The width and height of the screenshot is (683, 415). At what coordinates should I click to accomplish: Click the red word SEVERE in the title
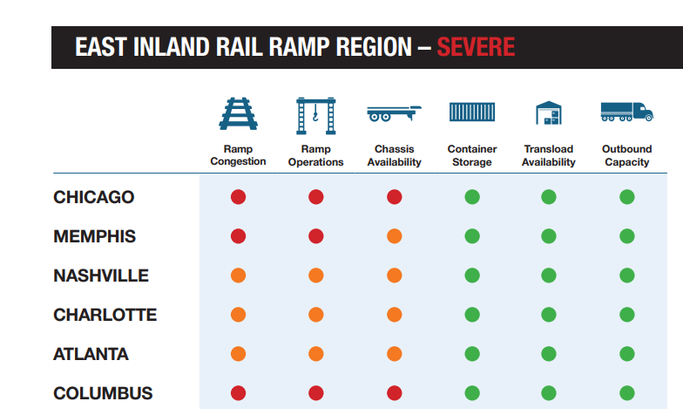(476, 47)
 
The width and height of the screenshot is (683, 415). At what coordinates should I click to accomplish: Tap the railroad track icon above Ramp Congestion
(239, 113)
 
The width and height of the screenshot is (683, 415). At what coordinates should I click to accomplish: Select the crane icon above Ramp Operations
(315, 115)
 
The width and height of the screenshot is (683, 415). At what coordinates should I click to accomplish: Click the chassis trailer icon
(394, 113)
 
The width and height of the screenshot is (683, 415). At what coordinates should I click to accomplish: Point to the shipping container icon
(472, 112)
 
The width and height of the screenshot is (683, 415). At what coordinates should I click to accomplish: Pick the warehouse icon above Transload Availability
(549, 113)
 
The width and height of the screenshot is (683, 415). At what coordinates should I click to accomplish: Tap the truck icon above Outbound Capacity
(627, 112)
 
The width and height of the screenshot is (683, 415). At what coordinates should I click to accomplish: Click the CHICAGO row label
(94, 197)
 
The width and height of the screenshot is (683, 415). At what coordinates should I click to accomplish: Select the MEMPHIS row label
(94, 236)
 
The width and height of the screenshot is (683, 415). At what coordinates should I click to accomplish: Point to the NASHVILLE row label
(101, 276)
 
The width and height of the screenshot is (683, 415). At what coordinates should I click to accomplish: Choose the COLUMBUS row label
(103, 393)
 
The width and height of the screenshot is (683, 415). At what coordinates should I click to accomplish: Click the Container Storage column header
(472, 155)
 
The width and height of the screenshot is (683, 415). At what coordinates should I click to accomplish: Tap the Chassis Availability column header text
(394, 155)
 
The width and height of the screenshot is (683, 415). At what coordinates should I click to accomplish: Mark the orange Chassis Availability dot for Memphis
(394, 236)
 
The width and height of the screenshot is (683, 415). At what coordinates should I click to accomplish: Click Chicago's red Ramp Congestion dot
(239, 197)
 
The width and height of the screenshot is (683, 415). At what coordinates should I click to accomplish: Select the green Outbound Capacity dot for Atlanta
(627, 354)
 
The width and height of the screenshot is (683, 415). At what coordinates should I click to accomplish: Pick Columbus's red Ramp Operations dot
(315, 393)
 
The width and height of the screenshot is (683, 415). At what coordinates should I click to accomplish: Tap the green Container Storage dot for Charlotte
(472, 315)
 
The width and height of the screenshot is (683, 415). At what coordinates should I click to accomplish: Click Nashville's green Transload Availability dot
(549, 276)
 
